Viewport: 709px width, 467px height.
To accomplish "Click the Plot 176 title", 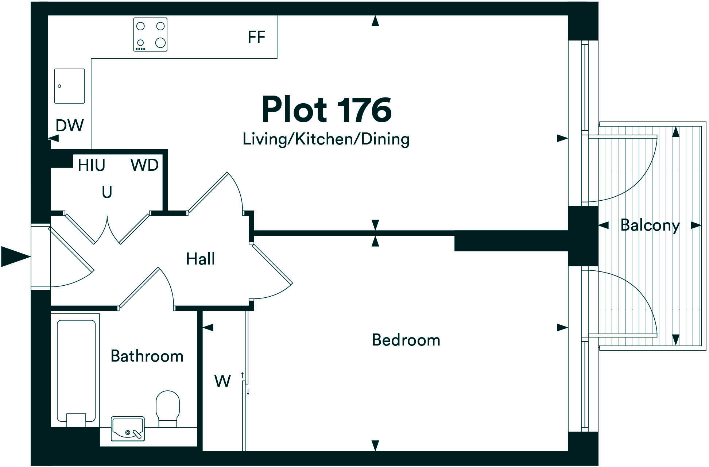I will [x=326, y=110].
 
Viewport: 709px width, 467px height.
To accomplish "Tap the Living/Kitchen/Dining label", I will [x=326, y=139].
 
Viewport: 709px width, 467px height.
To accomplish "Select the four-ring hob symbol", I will [x=150, y=35].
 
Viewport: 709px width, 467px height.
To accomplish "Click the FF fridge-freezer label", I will [x=256, y=37].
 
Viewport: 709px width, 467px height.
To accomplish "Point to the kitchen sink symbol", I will [x=70, y=86].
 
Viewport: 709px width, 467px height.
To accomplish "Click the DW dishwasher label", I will [x=69, y=126].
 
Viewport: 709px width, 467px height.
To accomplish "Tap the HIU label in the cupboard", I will [x=92, y=165].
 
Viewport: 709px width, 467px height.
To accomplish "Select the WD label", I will [x=144, y=165].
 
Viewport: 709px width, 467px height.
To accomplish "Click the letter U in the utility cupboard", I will [x=106, y=192].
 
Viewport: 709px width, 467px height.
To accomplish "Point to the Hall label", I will [x=200, y=259].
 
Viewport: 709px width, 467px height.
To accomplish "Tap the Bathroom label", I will [x=147, y=356].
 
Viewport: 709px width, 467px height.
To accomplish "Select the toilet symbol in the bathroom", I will [x=168, y=408].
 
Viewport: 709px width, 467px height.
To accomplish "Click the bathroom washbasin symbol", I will [x=128, y=429].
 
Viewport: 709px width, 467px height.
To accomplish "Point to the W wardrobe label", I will [x=222, y=382].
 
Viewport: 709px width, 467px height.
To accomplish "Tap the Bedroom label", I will [x=406, y=340].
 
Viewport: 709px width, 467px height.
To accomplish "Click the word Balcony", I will [x=650, y=225].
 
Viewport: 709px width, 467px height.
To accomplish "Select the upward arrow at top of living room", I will [x=375, y=21].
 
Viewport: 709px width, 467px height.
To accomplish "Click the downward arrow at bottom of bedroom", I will [x=375, y=445].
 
